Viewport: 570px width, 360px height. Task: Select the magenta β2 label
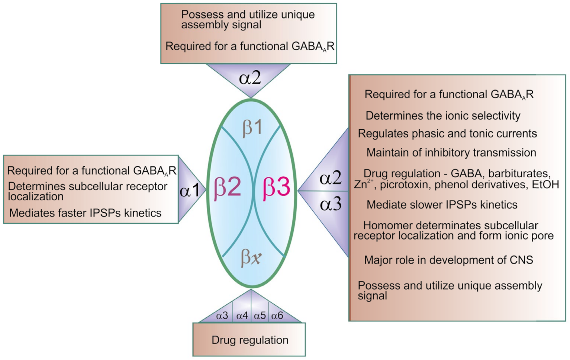coord(227,187)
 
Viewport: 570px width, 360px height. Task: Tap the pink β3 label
coord(276,187)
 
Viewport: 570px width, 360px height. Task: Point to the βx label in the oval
coord(251,257)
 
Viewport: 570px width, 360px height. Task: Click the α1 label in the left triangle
coord(190,191)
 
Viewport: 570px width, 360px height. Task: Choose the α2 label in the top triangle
coord(250,78)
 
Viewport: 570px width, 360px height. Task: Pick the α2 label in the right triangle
coord(330,178)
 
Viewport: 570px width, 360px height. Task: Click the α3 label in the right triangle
coord(330,204)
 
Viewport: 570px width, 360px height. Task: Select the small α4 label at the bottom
coord(242,316)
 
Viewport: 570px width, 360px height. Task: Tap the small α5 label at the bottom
coord(260,316)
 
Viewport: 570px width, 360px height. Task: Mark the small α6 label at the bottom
coord(277,316)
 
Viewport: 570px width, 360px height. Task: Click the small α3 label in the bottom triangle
coord(222,316)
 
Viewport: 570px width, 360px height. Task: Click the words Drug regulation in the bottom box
coord(250,340)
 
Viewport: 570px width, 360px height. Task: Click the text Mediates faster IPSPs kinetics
coord(85,213)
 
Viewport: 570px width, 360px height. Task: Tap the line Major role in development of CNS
coord(448,260)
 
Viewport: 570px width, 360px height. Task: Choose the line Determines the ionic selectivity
coord(443,116)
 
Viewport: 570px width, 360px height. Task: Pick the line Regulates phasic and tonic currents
coord(447,134)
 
